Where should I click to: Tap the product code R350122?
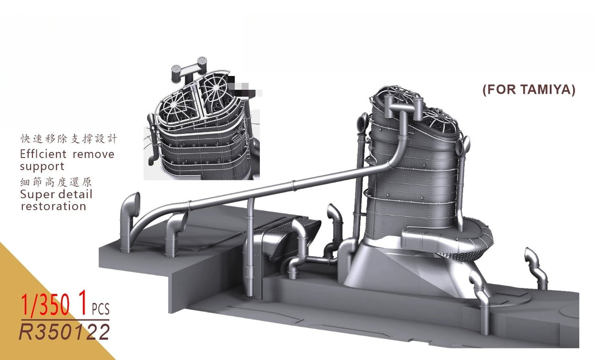(x=64, y=332)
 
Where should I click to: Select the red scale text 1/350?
(x=45, y=305)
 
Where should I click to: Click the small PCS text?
(x=100, y=309)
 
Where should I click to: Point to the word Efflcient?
(x=43, y=154)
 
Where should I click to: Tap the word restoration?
(x=54, y=206)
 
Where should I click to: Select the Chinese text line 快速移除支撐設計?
(x=69, y=139)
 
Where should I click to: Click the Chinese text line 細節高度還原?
(x=56, y=182)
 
